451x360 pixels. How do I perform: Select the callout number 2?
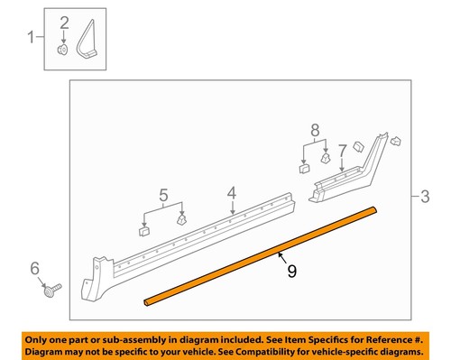pos(64,22)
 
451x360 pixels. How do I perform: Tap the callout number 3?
pos(425,195)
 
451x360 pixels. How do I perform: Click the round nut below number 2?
pos(63,51)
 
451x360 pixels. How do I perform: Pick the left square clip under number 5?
pos(143,230)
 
